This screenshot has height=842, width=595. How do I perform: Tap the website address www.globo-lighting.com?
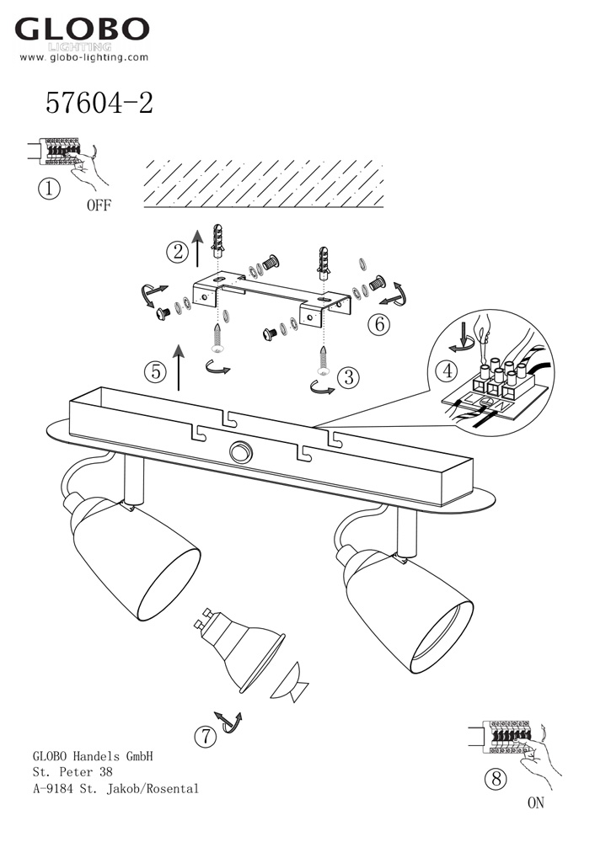pyautogui.click(x=83, y=57)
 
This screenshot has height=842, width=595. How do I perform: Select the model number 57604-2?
pyautogui.click(x=99, y=102)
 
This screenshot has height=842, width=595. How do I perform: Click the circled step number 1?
pyautogui.click(x=50, y=189)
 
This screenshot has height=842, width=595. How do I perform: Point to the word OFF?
pyautogui.click(x=99, y=205)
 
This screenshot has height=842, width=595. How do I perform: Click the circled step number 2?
pyautogui.click(x=177, y=251)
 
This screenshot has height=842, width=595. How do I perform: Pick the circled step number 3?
pyautogui.click(x=348, y=377)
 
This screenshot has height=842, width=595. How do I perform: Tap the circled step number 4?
pyautogui.click(x=448, y=370)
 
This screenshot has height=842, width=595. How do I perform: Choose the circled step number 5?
pyautogui.click(x=156, y=371)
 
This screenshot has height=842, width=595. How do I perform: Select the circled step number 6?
pyautogui.click(x=379, y=324)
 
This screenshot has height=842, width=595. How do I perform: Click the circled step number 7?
pyautogui.click(x=206, y=736)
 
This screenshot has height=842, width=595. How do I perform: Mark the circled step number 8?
pyautogui.click(x=496, y=778)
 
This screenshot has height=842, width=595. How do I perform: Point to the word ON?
pyautogui.click(x=536, y=802)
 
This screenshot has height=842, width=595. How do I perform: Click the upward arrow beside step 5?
pyautogui.click(x=179, y=369)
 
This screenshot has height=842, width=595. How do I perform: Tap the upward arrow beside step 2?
pyautogui.click(x=198, y=248)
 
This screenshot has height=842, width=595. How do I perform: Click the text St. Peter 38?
pyautogui.click(x=72, y=772)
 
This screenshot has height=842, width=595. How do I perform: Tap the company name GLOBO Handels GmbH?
pyautogui.click(x=93, y=756)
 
